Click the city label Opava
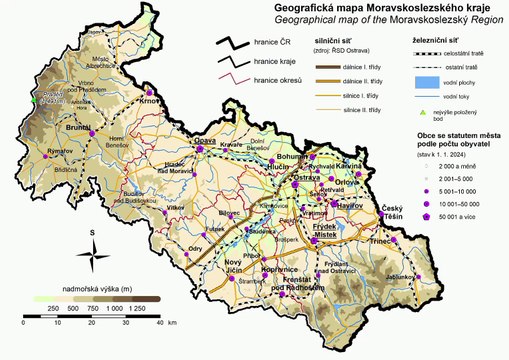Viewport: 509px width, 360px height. pyautogui.click(x=204, y=142)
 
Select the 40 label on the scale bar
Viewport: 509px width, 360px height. pyautogui.click(x=158, y=324)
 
